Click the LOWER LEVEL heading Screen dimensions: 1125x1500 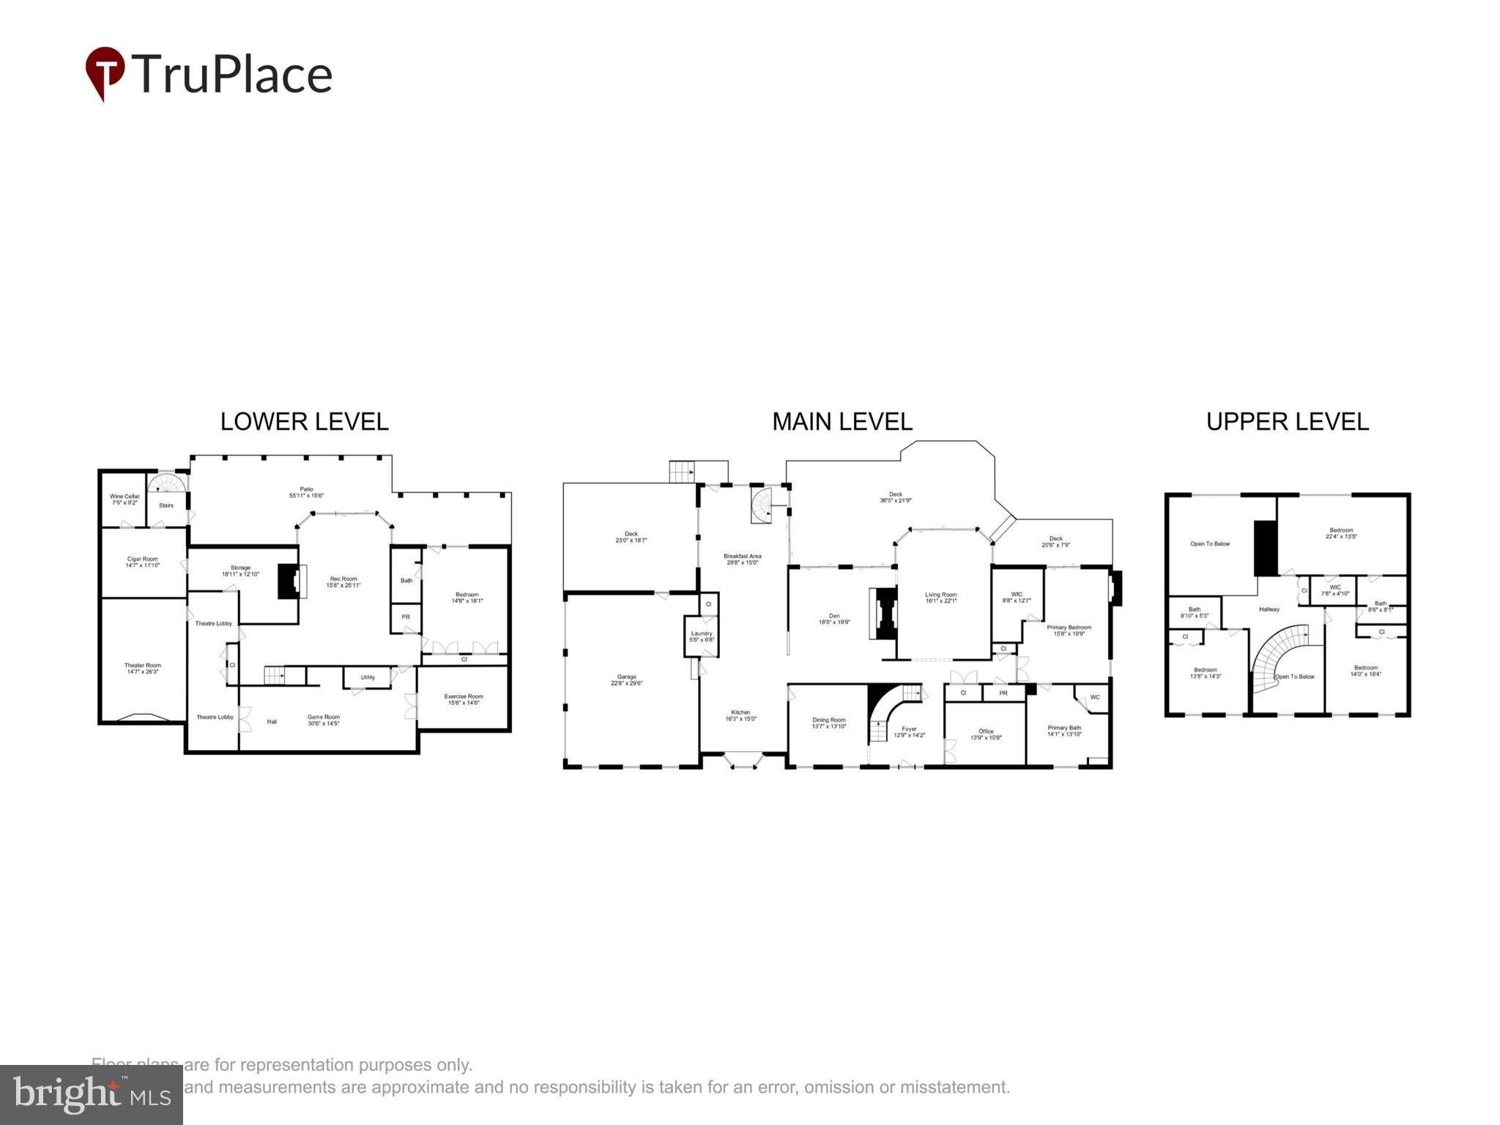tap(304, 422)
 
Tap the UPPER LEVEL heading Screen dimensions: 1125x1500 tap(1287, 422)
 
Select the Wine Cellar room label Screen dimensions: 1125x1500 tap(125, 500)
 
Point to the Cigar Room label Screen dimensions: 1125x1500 tap(143, 562)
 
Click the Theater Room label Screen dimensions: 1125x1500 tap(142, 669)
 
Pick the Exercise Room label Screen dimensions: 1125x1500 tap(464, 699)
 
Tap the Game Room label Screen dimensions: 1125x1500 tap(323, 720)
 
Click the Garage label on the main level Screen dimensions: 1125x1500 tap(626, 680)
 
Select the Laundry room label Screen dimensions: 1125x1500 tap(702, 636)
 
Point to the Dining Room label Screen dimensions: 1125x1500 tap(828, 723)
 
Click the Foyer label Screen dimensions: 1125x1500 tap(909, 732)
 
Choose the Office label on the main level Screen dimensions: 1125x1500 tap(986, 734)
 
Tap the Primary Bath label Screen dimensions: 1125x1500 tap(1064, 731)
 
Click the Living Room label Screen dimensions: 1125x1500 tap(940, 598)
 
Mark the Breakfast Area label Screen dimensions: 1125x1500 tap(742, 559)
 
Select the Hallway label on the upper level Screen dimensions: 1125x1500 tap(1269, 609)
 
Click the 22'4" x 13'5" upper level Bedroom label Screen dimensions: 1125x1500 tap(1341, 533)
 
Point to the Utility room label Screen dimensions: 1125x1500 tap(368, 677)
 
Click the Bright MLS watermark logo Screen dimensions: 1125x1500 tap(92, 1095)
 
